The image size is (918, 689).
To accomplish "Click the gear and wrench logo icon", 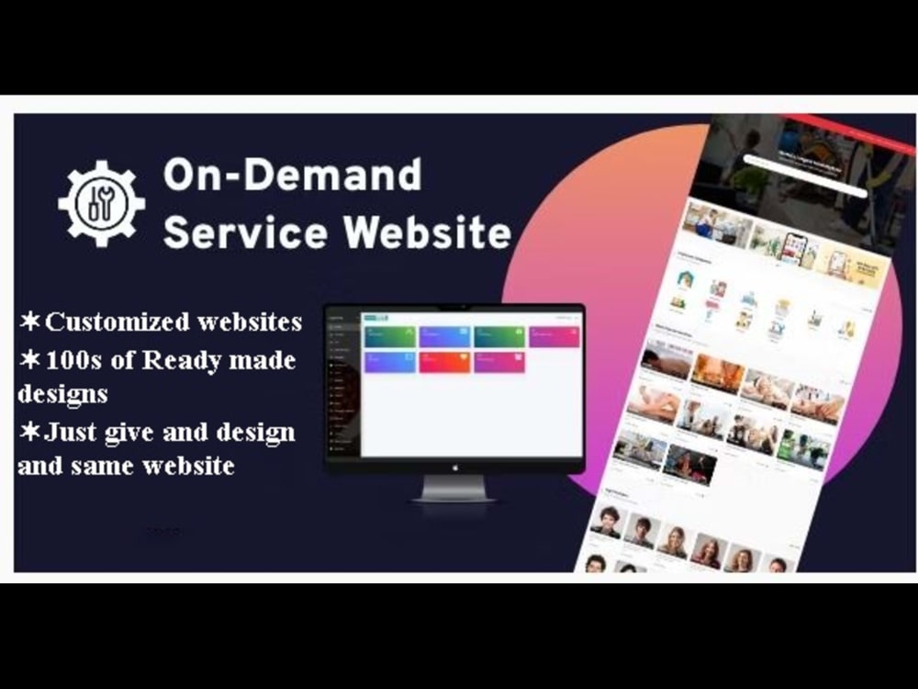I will tap(101, 204).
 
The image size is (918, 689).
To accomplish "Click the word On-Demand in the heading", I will tap(292, 175).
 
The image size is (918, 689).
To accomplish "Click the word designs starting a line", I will tap(62, 395).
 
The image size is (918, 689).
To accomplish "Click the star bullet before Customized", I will tap(28, 322).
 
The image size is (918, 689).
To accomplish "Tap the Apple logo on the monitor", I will tap(454, 466).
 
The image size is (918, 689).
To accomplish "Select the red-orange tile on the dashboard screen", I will tap(444, 362).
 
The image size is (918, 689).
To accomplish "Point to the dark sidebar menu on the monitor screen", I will tap(343, 386).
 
